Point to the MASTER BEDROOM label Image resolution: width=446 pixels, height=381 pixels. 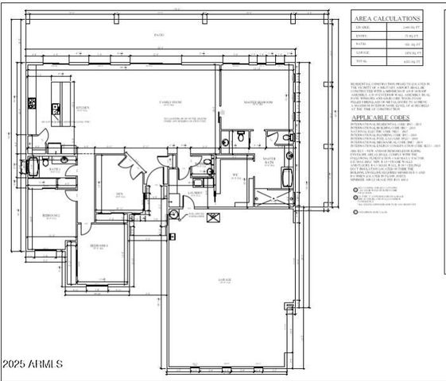click(258, 102)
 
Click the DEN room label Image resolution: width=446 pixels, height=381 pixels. click(118, 193)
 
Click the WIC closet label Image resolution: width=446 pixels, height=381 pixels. click(235, 175)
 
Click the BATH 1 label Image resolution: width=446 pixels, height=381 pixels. click(56, 170)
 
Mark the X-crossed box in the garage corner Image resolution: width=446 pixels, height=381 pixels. click(211, 221)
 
